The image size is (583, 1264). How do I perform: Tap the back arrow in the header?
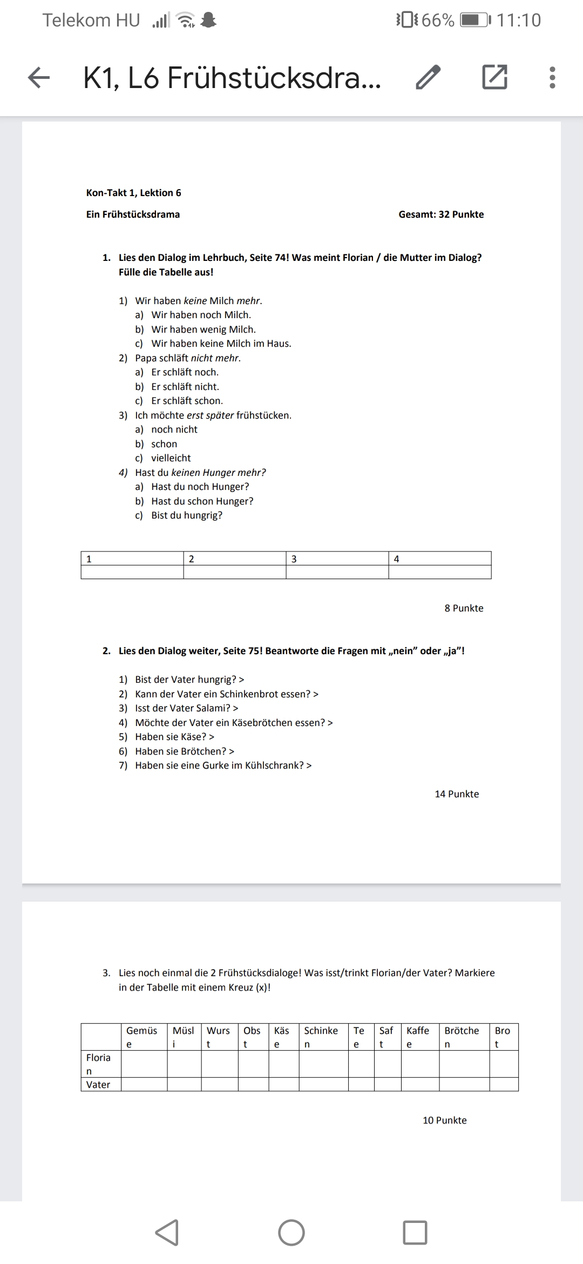coord(39,77)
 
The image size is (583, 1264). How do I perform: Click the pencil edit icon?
coord(428,77)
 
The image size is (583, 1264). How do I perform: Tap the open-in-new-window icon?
coord(494,77)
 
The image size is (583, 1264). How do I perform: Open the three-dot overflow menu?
coord(552,77)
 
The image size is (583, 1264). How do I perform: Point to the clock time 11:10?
coord(518,21)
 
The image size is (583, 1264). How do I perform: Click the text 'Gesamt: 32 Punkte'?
coord(441,214)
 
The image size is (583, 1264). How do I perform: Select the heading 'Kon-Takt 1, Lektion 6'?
coord(133,193)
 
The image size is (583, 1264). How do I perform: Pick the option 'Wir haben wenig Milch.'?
coord(203,330)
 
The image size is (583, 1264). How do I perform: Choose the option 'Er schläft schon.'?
coord(187,401)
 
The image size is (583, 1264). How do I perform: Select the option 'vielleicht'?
coord(171,458)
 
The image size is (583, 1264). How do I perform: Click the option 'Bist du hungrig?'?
coord(186,515)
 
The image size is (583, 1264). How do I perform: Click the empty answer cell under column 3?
coord(337,572)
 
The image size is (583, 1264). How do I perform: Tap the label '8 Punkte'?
coord(464,608)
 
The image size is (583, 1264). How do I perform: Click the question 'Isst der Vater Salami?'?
coord(186,708)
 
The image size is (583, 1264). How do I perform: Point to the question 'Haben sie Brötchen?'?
coord(184,751)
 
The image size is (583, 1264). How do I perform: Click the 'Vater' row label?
coord(98,1085)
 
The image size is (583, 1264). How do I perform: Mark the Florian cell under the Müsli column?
coord(184,1064)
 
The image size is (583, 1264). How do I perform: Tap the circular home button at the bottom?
coord(291,1233)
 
